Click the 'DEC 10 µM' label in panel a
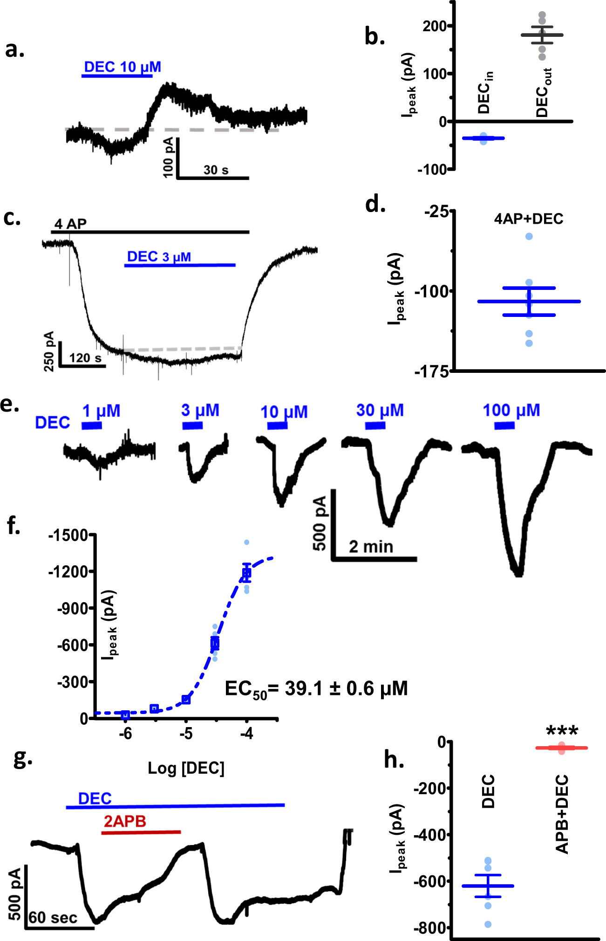pyautogui.click(x=122, y=67)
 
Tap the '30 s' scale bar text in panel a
pyautogui.click(x=216, y=170)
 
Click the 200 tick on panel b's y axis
pyautogui.click(x=434, y=26)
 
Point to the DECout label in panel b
pyautogui.click(x=543, y=92)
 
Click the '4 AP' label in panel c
pyautogui.click(x=70, y=224)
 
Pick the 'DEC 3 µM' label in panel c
pyautogui.click(x=159, y=257)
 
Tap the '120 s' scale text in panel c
pyautogui.click(x=85, y=358)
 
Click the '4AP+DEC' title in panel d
pyautogui.click(x=529, y=219)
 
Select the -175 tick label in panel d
pyautogui.click(x=432, y=372)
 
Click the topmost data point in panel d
pyautogui.click(x=529, y=236)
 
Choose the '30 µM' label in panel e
pyautogui.click(x=380, y=410)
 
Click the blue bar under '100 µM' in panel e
pyautogui.click(x=504, y=425)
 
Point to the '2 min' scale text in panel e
pyautogui.click(x=371, y=547)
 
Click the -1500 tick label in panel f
pyautogui.click(x=68, y=535)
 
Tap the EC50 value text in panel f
pyautogui.click(x=316, y=689)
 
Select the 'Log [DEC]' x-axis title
pyautogui.click(x=186, y=768)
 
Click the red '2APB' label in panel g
pyautogui.click(x=125, y=821)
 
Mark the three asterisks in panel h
pyautogui.click(x=562, y=730)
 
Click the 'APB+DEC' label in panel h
pyautogui.click(x=562, y=814)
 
